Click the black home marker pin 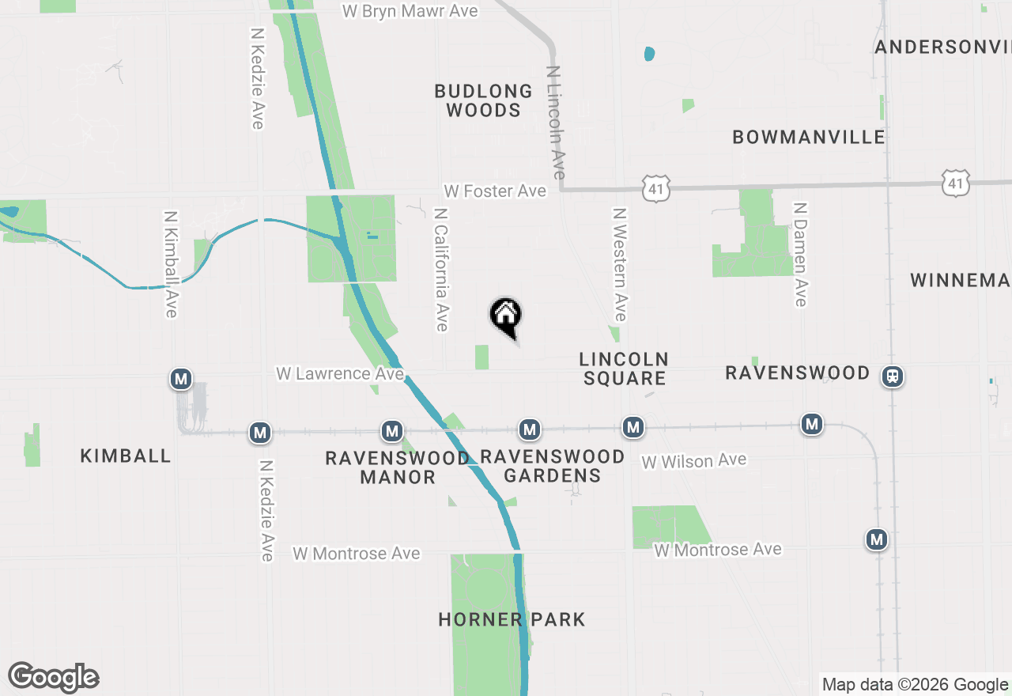click(x=506, y=316)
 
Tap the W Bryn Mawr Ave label click(x=411, y=11)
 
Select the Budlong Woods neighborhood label click(x=483, y=100)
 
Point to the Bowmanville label click(x=809, y=137)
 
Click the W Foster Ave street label click(x=495, y=191)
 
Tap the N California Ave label click(x=441, y=270)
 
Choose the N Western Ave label click(x=620, y=265)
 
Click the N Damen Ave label click(x=800, y=253)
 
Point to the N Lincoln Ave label click(x=557, y=122)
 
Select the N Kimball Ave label click(x=170, y=264)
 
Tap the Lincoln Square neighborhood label click(x=625, y=369)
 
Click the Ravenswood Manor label click(x=398, y=467)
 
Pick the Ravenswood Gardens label click(x=553, y=466)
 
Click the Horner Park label click(x=512, y=619)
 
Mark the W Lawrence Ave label click(x=340, y=373)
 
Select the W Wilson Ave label click(x=693, y=460)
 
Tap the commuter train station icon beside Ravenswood click(x=893, y=376)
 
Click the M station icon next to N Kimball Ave click(x=182, y=380)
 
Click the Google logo click(x=54, y=677)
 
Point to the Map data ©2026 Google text click(x=915, y=685)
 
